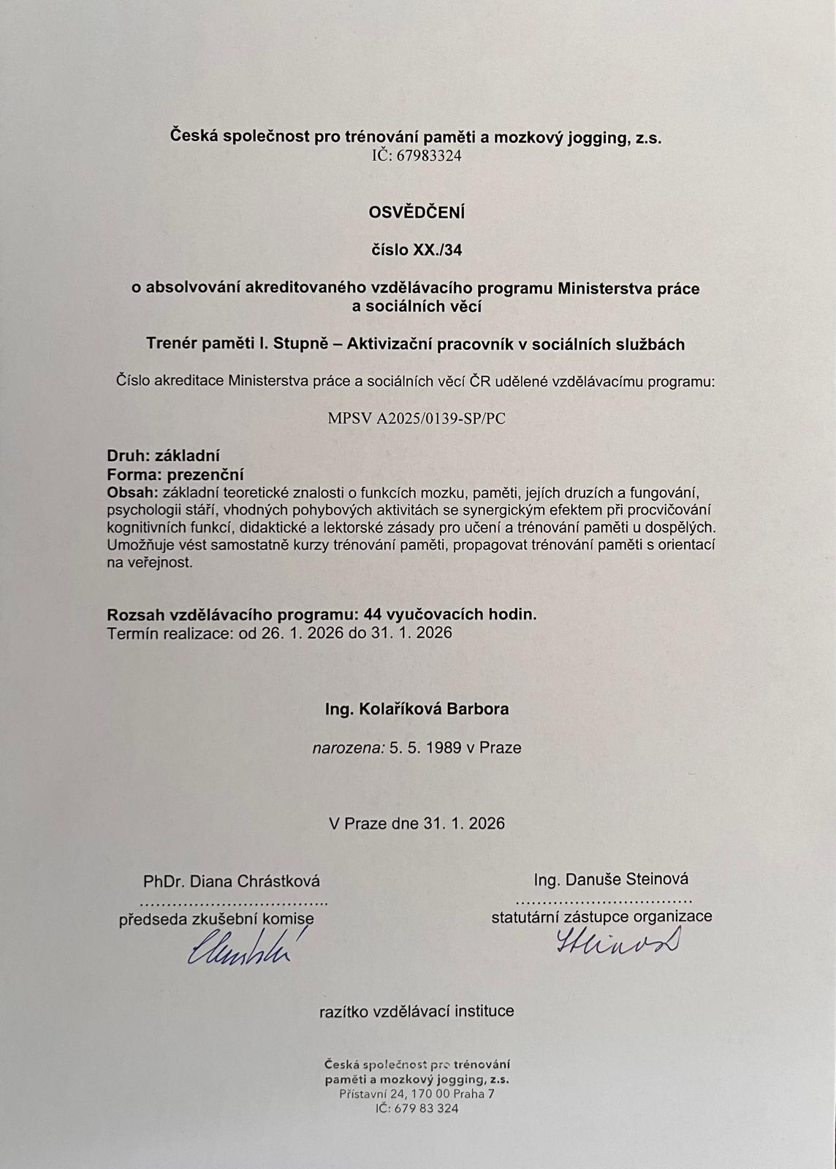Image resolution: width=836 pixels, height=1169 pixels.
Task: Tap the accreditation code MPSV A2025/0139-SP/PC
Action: tap(417, 419)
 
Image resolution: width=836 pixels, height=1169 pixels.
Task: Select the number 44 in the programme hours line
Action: tap(373, 614)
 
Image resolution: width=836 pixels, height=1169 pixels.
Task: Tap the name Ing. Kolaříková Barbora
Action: tap(417, 709)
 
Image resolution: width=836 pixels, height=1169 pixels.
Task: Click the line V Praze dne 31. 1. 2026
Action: tap(417, 823)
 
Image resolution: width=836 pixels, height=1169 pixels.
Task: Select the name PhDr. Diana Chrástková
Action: tap(232, 882)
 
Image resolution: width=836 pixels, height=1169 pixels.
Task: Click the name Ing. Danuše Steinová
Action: tap(611, 880)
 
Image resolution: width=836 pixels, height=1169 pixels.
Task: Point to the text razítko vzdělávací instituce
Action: tap(417, 1011)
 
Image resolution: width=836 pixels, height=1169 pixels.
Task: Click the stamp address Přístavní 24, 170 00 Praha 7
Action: tap(417, 1094)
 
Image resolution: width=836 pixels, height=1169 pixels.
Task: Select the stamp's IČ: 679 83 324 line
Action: tap(417, 1108)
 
